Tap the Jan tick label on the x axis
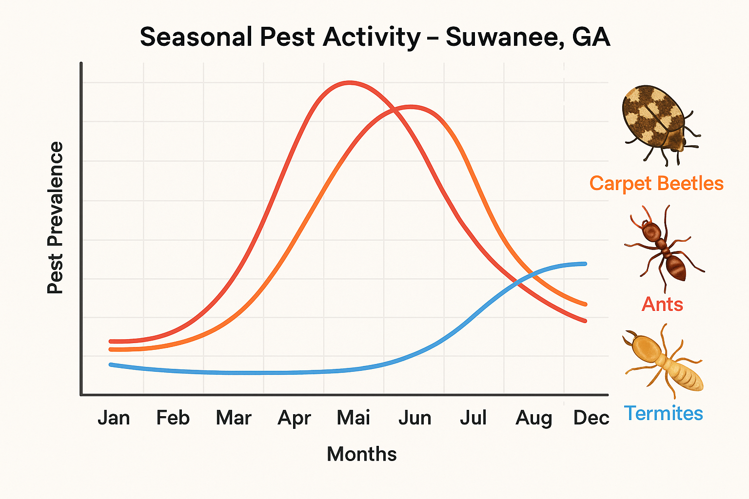click(114, 418)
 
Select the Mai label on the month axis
click(354, 418)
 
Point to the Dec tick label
click(591, 418)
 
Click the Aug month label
click(534, 418)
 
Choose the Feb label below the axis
click(173, 418)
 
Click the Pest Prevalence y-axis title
click(55, 218)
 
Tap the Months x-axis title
click(361, 454)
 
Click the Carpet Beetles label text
click(656, 184)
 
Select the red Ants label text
click(662, 304)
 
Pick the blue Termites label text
click(663, 413)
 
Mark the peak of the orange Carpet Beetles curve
click(411, 106)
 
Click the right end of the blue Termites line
click(585, 264)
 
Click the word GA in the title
click(591, 38)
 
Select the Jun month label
click(414, 418)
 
